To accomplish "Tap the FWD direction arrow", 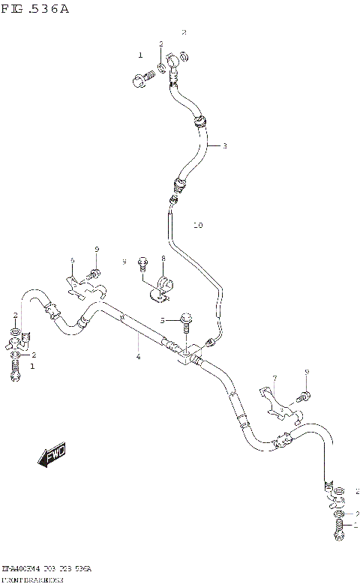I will pyautogui.click(x=52, y=456).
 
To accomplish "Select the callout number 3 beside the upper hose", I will pyautogui.click(x=224, y=145).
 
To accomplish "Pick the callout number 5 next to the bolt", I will pyautogui.click(x=73, y=260).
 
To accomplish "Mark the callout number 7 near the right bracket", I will pyautogui.click(x=162, y=258).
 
